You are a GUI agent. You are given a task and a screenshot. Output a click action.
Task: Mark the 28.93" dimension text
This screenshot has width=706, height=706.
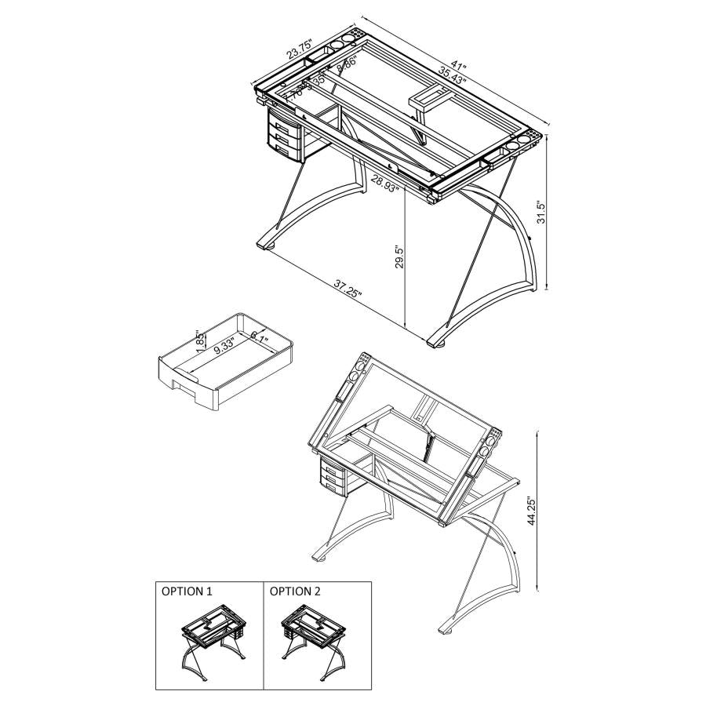(x=385, y=184)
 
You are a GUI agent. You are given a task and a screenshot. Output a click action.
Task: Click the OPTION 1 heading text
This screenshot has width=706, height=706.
(x=187, y=591)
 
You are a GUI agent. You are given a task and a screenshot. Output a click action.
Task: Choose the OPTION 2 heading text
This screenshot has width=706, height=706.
(x=295, y=591)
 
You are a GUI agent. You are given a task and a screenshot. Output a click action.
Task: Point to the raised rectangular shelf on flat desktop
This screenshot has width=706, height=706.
(x=428, y=97)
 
